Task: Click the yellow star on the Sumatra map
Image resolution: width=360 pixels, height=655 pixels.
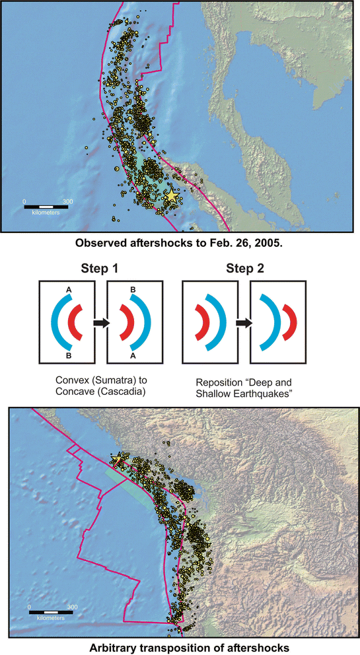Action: click(171, 195)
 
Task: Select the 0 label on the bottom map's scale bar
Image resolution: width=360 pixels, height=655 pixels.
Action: click(29, 606)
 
